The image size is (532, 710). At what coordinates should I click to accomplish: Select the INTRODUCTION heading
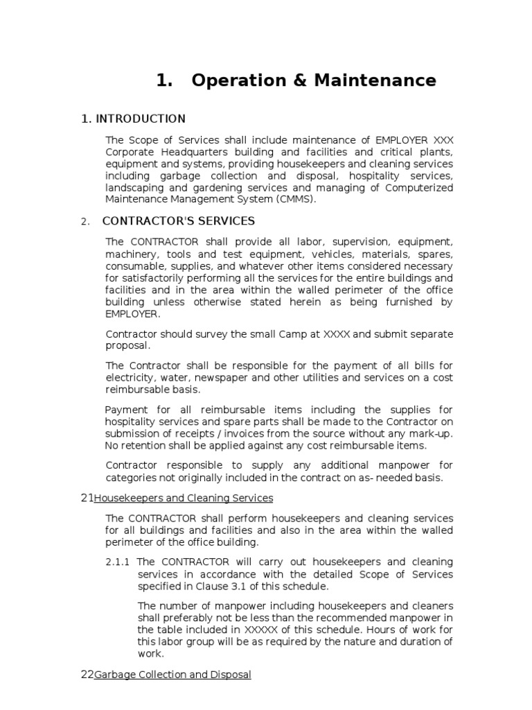(140, 119)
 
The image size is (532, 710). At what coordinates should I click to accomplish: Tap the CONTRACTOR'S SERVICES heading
(178, 221)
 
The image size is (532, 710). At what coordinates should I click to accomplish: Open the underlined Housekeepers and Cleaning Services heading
(183, 498)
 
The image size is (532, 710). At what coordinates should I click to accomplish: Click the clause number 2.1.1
(118, 562)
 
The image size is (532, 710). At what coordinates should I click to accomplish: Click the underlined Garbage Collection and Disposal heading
(172, 675)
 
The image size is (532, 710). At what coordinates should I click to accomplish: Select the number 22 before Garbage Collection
(87, 675)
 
